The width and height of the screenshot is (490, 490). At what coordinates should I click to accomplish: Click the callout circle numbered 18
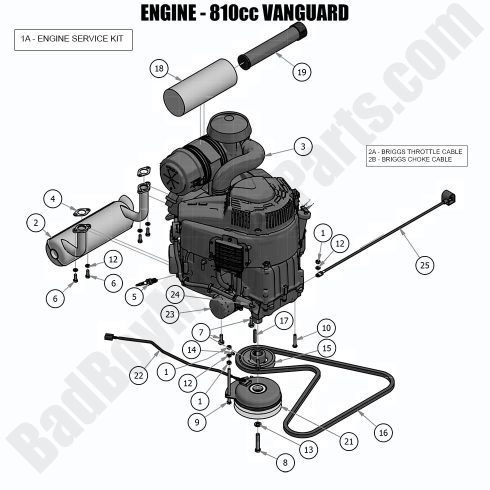tap(159, 68)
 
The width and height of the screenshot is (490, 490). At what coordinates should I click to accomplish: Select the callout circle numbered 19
tap(301, 72)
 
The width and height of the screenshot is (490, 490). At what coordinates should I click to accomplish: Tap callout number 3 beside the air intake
tap(302, 147)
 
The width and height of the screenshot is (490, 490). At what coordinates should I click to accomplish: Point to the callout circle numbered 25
tap(424, 265)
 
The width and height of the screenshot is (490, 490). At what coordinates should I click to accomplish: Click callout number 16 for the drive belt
tap(383, 432)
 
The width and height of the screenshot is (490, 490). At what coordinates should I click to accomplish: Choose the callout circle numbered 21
tap(348, 441)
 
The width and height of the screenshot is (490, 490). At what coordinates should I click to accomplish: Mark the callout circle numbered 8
tap(285, 463)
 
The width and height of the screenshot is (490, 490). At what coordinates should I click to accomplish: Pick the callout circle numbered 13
tap(308, 449)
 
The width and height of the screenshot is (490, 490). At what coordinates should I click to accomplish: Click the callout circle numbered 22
tap(139, 375)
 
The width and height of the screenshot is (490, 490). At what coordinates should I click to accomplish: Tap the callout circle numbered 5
tap(134, 297)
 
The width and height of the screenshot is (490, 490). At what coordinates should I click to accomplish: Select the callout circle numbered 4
tap(52, 199)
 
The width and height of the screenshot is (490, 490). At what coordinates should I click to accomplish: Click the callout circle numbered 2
tap(36, 223)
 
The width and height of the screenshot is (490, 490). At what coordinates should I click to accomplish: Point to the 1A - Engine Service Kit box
tap(73, 39)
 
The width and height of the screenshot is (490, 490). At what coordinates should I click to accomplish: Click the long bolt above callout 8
tap(258, 442)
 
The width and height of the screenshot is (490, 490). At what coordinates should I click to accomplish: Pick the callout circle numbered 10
tap(326, 328)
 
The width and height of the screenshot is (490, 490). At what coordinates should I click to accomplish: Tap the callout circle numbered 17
tap(283, 320)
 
